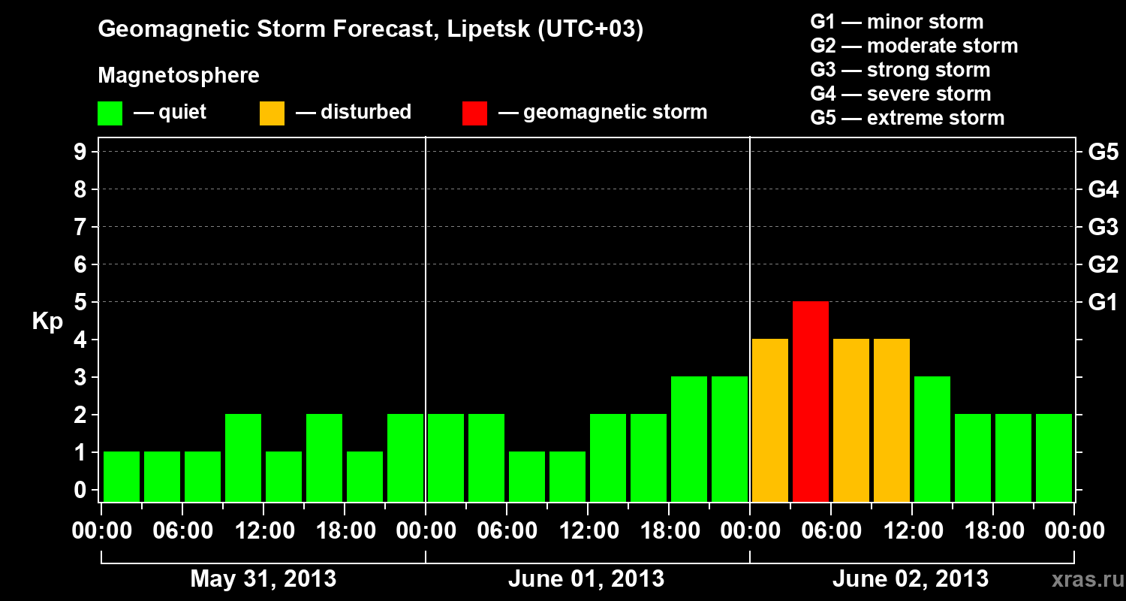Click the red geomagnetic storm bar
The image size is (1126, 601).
point(811,401)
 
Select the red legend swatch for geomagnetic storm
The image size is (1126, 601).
point(474,113)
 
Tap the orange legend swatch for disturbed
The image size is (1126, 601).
point(272,113)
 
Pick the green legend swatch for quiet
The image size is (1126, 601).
point(110,113)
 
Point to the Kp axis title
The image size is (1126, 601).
point(47,322)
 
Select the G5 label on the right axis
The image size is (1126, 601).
point(1103,152)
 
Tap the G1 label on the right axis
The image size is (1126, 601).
point(1103,302)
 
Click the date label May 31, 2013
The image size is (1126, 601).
point(263,579)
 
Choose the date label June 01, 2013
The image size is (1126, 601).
point(586,579)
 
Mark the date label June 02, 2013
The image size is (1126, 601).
point(911,579)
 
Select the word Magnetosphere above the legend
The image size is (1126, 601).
point(179,76)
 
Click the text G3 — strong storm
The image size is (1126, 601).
point(900,70)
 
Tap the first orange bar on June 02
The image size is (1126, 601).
point(770,420)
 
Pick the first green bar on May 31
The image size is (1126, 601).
point(122,476)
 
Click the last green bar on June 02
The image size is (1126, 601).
point(1054,458)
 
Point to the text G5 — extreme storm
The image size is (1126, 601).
point(907,118)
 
